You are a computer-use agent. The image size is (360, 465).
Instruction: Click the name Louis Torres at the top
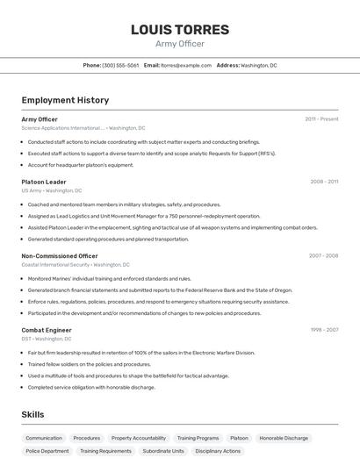(x=179, y=29)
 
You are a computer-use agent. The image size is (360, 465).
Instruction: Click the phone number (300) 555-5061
(x=121, y=65)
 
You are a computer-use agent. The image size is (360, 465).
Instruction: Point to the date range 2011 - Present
(x=321, y=119)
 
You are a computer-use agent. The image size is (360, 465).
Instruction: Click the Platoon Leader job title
(x=44, y=182)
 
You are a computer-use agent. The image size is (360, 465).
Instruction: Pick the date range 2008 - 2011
(x=324, y=182)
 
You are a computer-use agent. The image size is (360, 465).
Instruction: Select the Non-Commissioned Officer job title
(x=60, y=256)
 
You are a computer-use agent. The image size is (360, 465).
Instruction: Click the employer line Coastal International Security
(x=75, y=265)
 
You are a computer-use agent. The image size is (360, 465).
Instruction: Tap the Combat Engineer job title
(x=47, y=330)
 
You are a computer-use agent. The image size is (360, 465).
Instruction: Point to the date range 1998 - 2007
(x=324, y=330)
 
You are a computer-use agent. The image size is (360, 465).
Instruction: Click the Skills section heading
(x=32, y=414)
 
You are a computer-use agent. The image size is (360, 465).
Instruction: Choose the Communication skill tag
(x=44, y=438)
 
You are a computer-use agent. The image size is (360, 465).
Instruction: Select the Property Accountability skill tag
(x=139, y=438)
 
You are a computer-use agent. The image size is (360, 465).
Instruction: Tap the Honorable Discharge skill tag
(x=284, y=438)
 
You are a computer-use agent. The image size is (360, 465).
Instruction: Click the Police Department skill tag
(x=47, y=451)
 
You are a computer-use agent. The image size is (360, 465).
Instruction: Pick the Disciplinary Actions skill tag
(x=219, y=451)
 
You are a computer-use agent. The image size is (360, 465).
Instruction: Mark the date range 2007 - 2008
(x=324, y=256)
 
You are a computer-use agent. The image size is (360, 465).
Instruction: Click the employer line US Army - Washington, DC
(x=52, y=190)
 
